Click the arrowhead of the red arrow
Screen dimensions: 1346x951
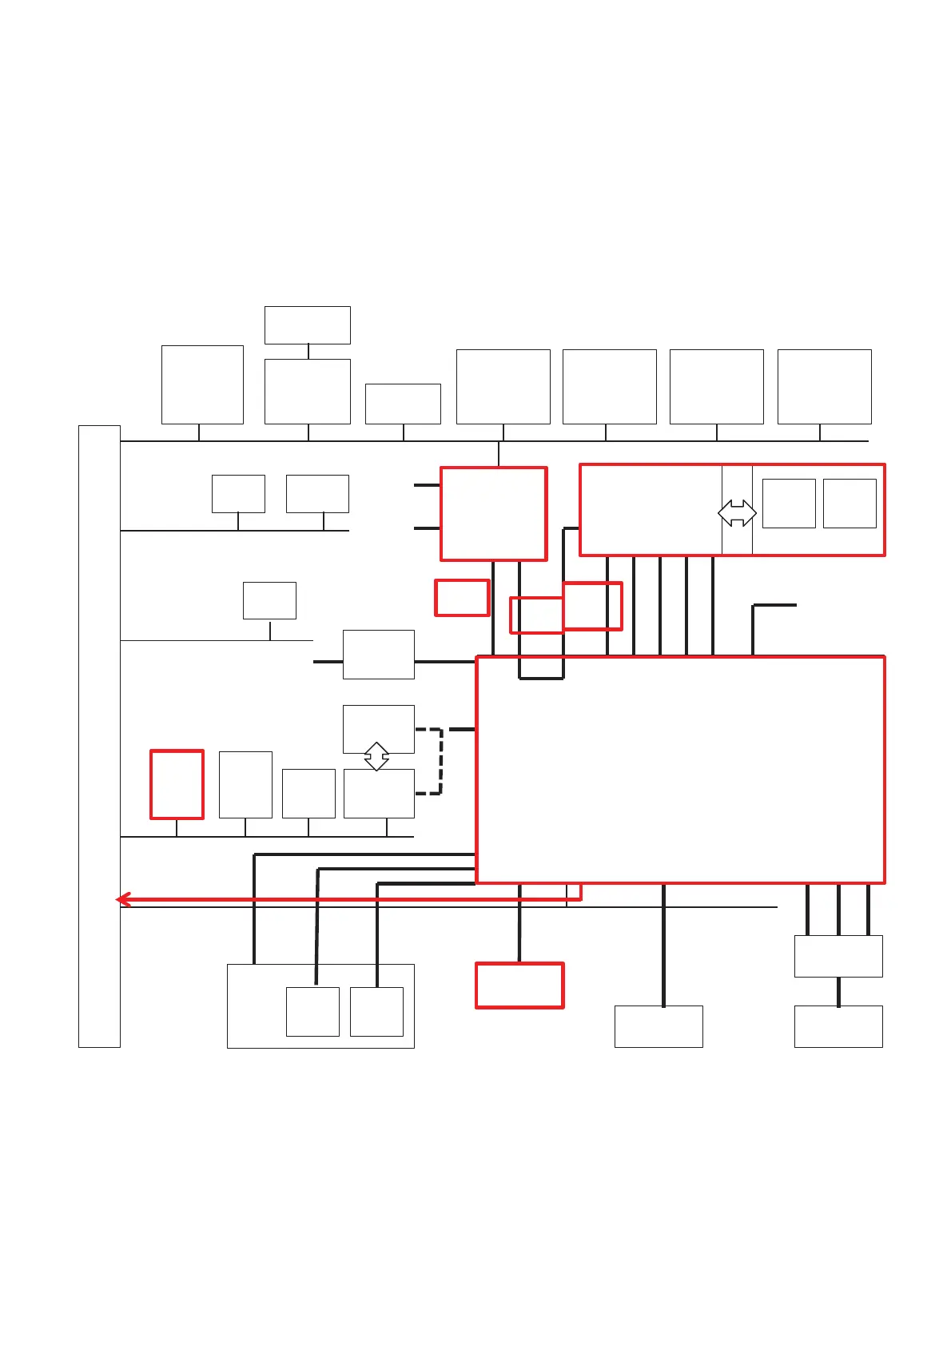coord(121,900)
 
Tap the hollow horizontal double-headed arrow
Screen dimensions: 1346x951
coord(737,513)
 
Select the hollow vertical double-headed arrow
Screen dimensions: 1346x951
coord(376,756)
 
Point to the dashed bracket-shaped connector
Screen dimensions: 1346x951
coord(440,761)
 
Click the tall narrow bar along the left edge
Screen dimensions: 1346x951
coord(99,735)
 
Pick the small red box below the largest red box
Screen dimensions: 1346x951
coord(519,985)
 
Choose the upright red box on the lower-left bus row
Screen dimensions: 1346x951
coord(177,784)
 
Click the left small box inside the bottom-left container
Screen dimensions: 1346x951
coord(312,1011)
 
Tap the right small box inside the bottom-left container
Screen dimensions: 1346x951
coord(376,1011)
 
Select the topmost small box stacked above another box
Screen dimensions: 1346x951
coord(307,325)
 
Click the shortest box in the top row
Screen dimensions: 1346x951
coord(403,404)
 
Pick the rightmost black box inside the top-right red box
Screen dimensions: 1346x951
coord(850,503)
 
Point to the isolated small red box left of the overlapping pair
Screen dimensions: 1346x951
coord(462,598)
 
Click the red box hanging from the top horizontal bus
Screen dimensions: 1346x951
coord(493,513)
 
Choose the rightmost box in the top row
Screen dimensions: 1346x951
coord(824,386)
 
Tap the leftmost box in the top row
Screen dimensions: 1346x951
coord(202,384)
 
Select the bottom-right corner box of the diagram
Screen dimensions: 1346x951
coord(838,1026)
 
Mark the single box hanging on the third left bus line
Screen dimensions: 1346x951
coord(269,600)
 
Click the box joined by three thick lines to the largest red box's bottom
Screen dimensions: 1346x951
coord(838,956)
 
